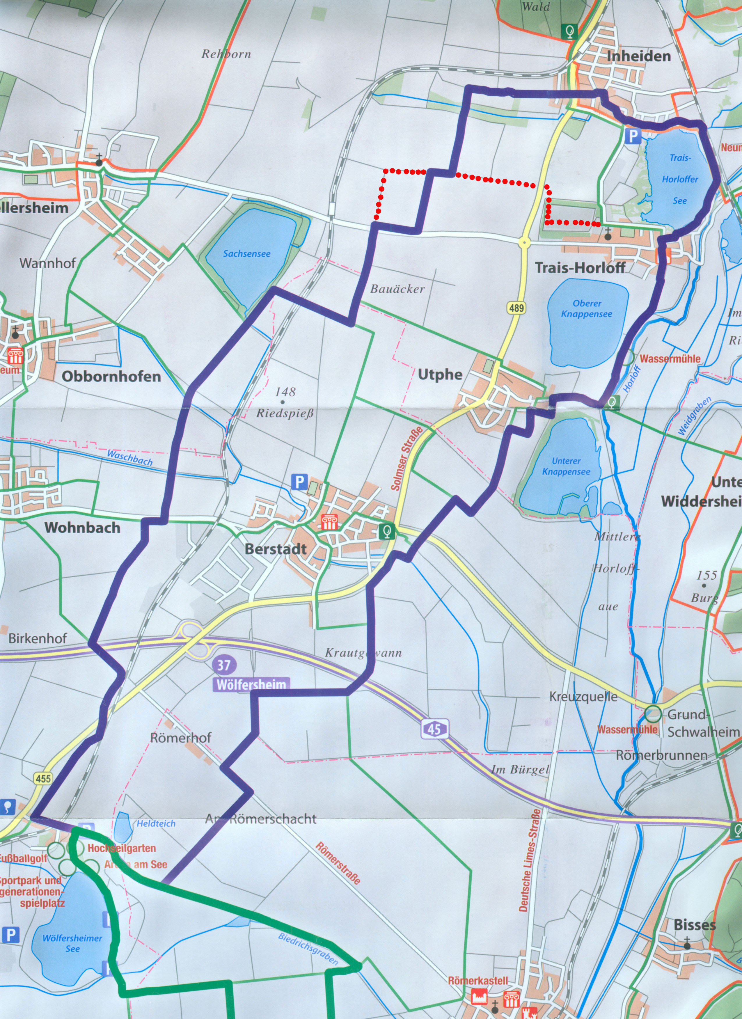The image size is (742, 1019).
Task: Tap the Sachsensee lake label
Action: click(x=247, y=254)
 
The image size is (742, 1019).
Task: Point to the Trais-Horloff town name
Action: click(x=580, y=268)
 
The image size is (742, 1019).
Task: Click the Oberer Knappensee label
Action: click(x=587, y=309)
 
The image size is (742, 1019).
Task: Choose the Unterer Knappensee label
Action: click(x=566, y=466)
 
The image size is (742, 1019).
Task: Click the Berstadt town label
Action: click(x=276, y=549)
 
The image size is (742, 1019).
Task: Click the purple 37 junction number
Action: click(x=223, y=665)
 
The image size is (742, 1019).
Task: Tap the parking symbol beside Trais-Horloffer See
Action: click(x=633, y=135)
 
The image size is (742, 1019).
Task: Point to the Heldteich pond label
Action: click(x=156, y=823)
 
